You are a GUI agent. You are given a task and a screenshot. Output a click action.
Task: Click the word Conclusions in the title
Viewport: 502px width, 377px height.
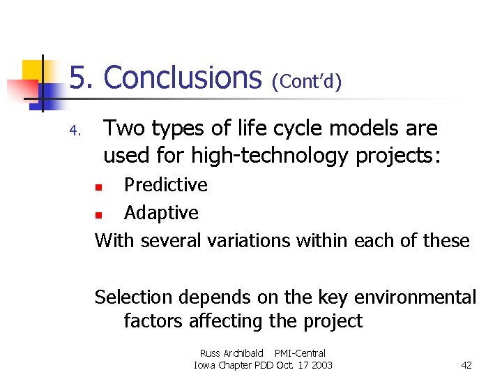(182, 77)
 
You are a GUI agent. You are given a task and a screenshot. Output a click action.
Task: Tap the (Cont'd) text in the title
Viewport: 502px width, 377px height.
(307, 82)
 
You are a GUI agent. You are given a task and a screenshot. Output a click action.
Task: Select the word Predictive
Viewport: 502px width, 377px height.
(165, 185)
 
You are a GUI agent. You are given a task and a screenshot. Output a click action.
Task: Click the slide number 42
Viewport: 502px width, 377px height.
(467, 365)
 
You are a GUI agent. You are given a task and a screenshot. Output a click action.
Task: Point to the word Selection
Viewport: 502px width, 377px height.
(134, 297)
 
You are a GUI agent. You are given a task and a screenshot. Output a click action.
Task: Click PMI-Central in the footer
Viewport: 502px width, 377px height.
(300, 353)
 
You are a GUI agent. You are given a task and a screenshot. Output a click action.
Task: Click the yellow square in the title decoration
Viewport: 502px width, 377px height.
(33, 71)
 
